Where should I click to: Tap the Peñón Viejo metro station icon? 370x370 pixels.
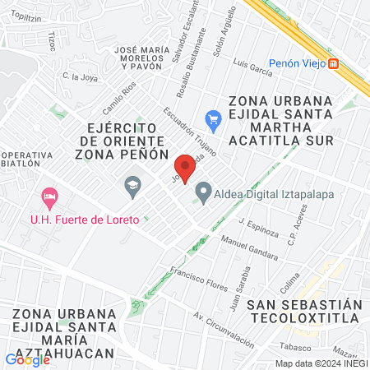coord(333,64)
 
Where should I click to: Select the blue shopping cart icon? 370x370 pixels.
coord(213,120)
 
